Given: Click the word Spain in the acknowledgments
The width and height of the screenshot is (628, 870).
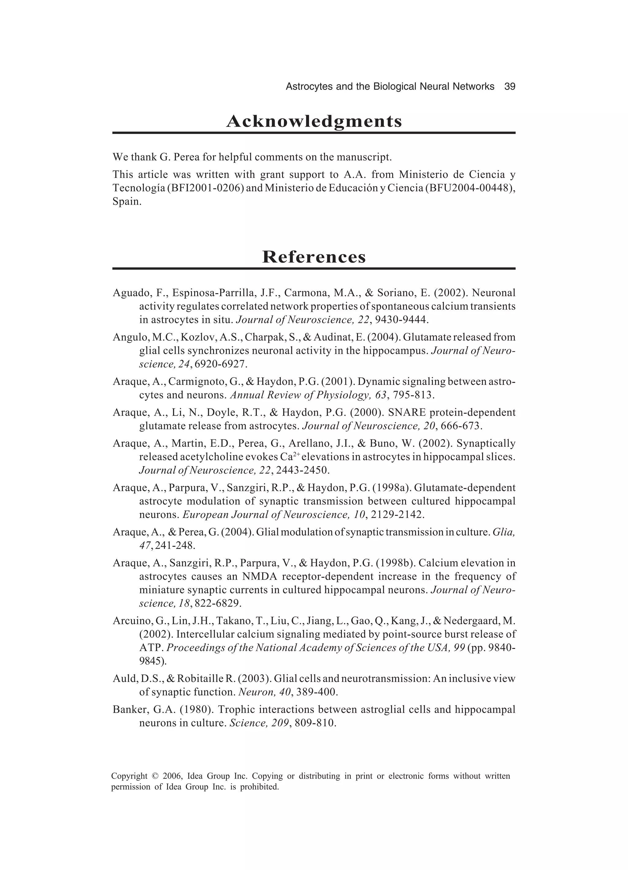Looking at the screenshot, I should point(127,201).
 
